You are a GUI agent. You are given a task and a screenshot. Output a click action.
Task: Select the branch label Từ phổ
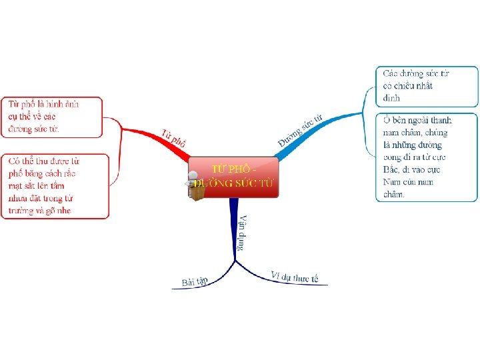click(173, 137)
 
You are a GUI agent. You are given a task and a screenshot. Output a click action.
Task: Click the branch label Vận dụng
click(243, 232)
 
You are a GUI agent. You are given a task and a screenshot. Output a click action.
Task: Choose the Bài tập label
click(194, 283)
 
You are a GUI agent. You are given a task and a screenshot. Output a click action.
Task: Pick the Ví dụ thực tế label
click(295, 277)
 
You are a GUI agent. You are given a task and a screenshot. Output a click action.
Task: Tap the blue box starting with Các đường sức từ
click(426, 86)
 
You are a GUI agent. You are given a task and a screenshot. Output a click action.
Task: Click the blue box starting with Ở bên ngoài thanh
click(426, 157)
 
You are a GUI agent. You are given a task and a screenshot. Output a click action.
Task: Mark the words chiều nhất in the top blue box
click(408, 86)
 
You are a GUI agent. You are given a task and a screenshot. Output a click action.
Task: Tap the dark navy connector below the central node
click(234, 220)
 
